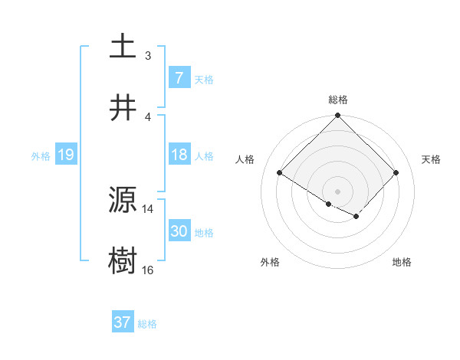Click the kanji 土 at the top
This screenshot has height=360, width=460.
(x=123, y=46)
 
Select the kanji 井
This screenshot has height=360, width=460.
(x=123, y=107)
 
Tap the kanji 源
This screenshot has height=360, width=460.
(x=123, y=201)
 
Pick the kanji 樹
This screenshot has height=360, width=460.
(x=123, y=261)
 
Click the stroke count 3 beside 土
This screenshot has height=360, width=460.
(x=148, y=56)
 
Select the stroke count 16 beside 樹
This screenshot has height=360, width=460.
(x=148, y=270)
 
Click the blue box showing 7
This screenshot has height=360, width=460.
(x=179, y=77)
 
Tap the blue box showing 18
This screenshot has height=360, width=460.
(x=179, y=155)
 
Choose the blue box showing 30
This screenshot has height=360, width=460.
(x=179, y=231)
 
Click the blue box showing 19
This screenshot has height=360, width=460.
(x=65, y=155)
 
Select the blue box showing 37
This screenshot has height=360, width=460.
(x=122, y=322)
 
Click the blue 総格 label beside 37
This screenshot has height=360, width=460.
(x=147, y=324)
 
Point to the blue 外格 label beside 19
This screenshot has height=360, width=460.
(x=41, y=156)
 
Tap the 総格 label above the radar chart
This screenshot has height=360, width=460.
(x=337, y=100)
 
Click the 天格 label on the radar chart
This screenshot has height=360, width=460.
(x=431, y=159)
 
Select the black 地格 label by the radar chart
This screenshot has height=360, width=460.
(x=402, y=262)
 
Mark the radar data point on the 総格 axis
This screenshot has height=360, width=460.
(x=337, y=116)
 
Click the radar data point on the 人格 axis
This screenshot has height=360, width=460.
(x=280, y=173)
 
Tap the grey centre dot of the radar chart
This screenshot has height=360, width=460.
(x=337, y=191)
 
